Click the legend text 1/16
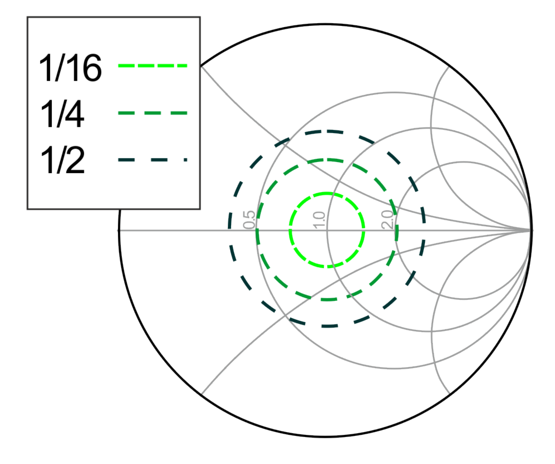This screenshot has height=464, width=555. tap(70, 68)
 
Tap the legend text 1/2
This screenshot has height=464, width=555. tap(62, 160)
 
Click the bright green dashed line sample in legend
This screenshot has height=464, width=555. tap(153, 65)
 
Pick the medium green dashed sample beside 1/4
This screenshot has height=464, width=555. tap(153, 113)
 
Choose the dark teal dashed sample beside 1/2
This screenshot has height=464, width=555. tap(153, 160)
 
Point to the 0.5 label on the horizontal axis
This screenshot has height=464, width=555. tap(249, 220)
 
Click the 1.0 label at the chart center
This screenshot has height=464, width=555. tap(319, 220)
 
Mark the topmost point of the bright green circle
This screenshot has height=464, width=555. tap(327, 194)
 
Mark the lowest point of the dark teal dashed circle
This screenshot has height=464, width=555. tap(327, 326)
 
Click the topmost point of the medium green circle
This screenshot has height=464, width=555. tap(327, 161)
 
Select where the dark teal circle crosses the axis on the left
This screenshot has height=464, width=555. tap(230, 230)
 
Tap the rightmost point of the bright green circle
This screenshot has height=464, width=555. tap(364, 230)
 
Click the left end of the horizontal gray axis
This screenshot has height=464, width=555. tap(119, 230)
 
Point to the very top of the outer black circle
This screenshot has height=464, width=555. tap(326, 24)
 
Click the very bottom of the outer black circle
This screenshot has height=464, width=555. tap(326, 436)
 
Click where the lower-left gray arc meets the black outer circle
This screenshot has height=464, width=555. tap(201, 394)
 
